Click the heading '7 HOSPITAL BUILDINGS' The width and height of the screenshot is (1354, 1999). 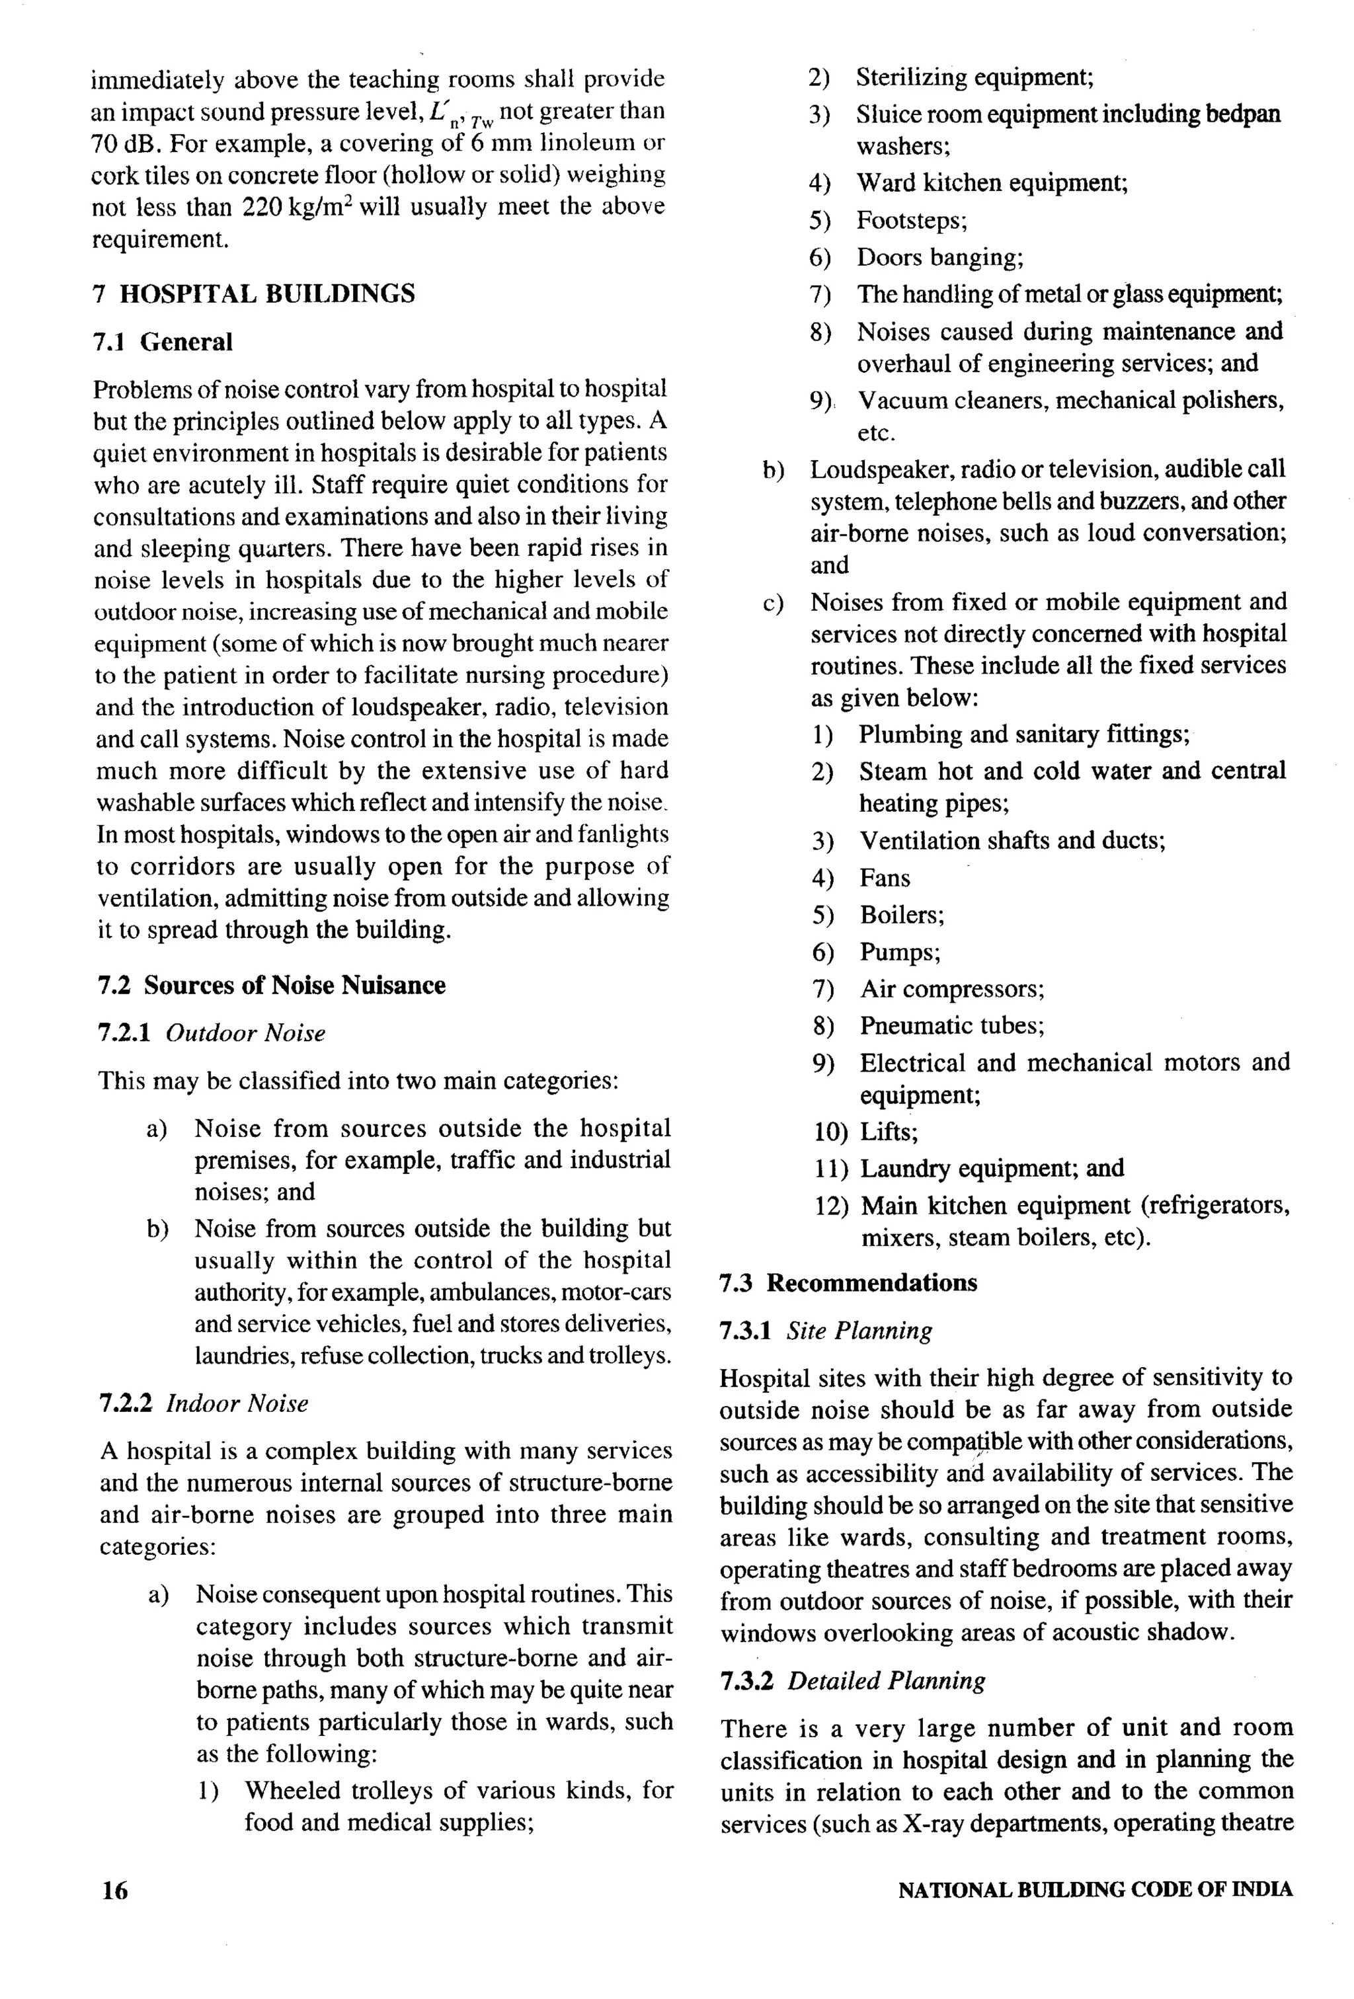pyautogui.click(x=254, y=294)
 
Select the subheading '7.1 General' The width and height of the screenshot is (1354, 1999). pyautogui.click(x=163, y=342)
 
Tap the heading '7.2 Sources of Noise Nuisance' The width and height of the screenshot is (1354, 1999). pyautogui.click(x=272, y=986)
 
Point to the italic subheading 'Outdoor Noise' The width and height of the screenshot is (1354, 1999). pyautogui.click(x=245, y=1033)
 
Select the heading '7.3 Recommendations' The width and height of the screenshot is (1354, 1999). pyautogui.click(x=848, y=1283)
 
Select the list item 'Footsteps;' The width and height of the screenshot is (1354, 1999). pyautogui.click(x=911, y=221)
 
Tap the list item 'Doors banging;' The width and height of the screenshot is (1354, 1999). pyautogui.click(x=939, y=257)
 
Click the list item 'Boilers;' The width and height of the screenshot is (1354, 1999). pyautogui.click(x=902, y=915)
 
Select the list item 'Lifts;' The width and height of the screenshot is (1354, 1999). pyautogui.click(x=889, y=1132)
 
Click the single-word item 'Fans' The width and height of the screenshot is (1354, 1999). pyautogui.click(x=885, y=879)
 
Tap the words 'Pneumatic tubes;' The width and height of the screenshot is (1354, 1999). pyautogui.click(x=951, y=1025)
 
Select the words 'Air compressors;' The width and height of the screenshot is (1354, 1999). pyautogui.click(x=951, y=989)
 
